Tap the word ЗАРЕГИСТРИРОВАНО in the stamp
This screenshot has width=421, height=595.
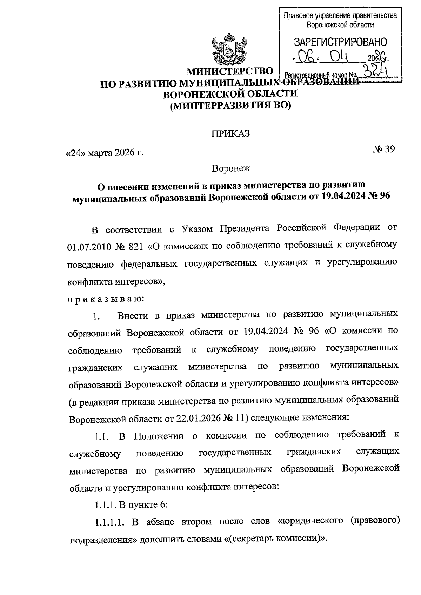pos(340,42)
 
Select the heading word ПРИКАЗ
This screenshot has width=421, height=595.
pos(230,134)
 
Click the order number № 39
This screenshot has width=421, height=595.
pos(384,149)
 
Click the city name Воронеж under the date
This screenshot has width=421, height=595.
pos(230,168)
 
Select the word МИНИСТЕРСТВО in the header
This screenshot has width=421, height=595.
pos(230,72)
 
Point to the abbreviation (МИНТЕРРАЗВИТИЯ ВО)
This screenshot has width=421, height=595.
pos(230,105)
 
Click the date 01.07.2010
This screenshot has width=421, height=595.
pos(89,247)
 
